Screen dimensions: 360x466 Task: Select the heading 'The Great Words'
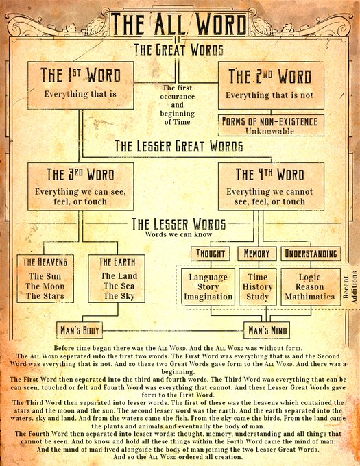pos(178,49)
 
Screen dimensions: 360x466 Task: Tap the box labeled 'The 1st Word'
pos(80,85)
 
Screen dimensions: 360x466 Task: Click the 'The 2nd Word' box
pos(271,85)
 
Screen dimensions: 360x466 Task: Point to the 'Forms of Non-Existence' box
pos(271,125)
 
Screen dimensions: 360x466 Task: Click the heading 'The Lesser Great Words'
pos(179,146)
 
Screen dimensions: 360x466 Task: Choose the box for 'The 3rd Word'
pos(80,186)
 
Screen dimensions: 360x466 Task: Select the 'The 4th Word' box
pos(271,186)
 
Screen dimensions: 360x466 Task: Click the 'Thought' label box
pos(211,254)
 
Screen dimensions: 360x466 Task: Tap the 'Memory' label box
pos(257,254)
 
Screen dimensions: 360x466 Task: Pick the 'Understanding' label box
pos(311,254)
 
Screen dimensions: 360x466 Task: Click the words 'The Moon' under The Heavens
pos(45,286)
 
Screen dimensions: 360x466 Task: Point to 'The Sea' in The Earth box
pos(119,286)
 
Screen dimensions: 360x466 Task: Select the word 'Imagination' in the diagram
pos(208,297)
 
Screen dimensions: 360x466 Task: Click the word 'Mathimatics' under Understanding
pos(310,297)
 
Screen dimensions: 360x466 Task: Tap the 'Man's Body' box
pos(80,330)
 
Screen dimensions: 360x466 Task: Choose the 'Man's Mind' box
pos(267,330)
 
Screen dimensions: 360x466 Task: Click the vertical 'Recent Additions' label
pos(350,286)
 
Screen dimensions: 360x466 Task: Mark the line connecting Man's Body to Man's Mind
pos(173,330)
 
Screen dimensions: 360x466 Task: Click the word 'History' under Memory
pos(257,286)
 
